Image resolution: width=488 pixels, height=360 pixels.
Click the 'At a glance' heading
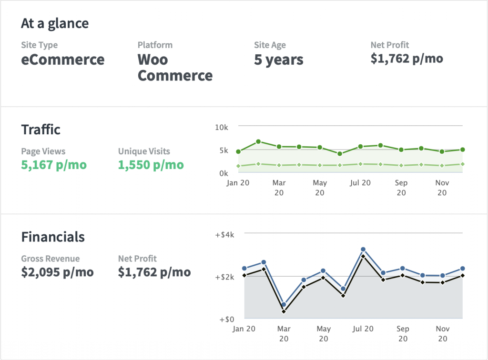pyautogui.click(x=55, y=23)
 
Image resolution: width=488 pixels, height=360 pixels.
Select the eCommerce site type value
pyautogui.click(x=62, y=60)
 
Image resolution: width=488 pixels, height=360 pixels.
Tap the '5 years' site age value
pyautogui.click(x=278, y=60)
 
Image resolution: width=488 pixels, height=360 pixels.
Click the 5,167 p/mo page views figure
pyautogui.click(x=54, y=165)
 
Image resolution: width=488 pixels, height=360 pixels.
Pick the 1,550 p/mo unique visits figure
pyautogui.click(x=151, y=165)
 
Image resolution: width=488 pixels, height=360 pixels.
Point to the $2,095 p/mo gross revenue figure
pyautogui.click(x=57, y=272)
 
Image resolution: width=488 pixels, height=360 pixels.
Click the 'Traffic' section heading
pyautogui.click(x=41, y=130)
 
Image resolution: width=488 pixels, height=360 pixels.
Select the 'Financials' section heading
pyautogui.click(x=53, y=237)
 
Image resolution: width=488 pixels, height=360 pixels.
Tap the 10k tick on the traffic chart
pyautogui.click(x=222, y=127)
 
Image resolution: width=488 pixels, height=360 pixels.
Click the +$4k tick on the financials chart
pyautogui.click(x=224, y=235)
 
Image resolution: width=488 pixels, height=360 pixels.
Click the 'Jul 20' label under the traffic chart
pyautogui.click(x=360, y=183)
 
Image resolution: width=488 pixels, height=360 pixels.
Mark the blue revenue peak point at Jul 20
pyautogui.click(x=363, y=250)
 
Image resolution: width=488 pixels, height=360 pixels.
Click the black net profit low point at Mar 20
pyautogui.click(x=284, y=311)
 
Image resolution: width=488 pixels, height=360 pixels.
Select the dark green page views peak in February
pyautogui.click(x=258, y=141)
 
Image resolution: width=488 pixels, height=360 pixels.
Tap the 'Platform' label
pyautogui.click(x=155, y=45)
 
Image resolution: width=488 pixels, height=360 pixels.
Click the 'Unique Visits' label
pyautogui.click(x=144, y=151)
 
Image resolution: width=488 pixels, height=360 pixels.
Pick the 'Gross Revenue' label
pyautogui.click(x=50, y=259)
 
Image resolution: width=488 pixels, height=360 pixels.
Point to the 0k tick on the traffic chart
pyautogui.click(x=224, y=173)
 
